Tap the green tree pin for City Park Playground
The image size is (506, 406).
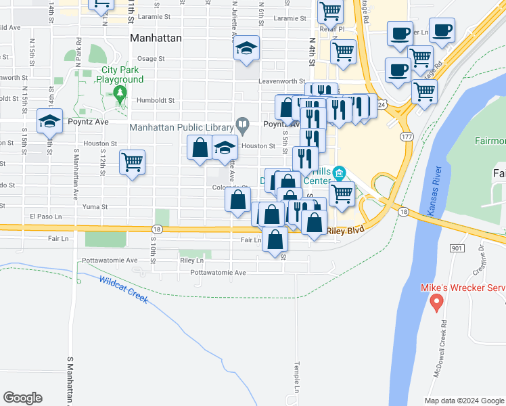point(120,94)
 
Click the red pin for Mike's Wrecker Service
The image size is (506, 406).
point(436,300)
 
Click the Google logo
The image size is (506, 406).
point(22,398)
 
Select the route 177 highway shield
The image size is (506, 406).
point(407,137)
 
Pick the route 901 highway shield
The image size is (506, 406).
point(455,249)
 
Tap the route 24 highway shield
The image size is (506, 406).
point(382,105)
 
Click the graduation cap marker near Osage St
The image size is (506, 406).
point(246,49)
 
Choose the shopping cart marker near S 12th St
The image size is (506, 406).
point(132,162)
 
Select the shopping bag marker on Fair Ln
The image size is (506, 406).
point(275,240)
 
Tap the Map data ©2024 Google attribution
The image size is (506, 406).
point(464,401)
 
